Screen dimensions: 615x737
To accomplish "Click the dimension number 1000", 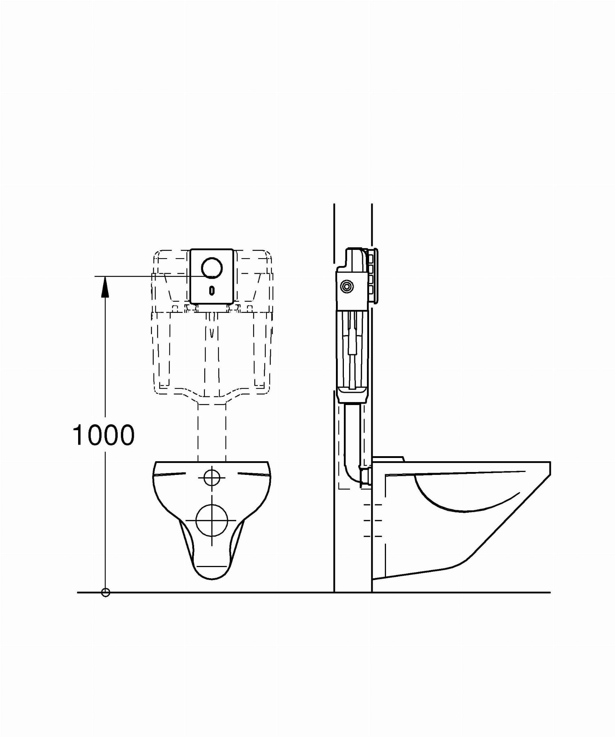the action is [x=104, y=435].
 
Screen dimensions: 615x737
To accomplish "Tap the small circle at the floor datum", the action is [x=106, y=592].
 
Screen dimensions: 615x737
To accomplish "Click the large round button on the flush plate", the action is [x=212, y=268].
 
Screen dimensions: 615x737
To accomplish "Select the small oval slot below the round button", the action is [x=212, y=290].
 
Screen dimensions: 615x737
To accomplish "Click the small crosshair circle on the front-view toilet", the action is [x=212, y=478].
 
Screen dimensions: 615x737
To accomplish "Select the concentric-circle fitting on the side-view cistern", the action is [x=347, y=287].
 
